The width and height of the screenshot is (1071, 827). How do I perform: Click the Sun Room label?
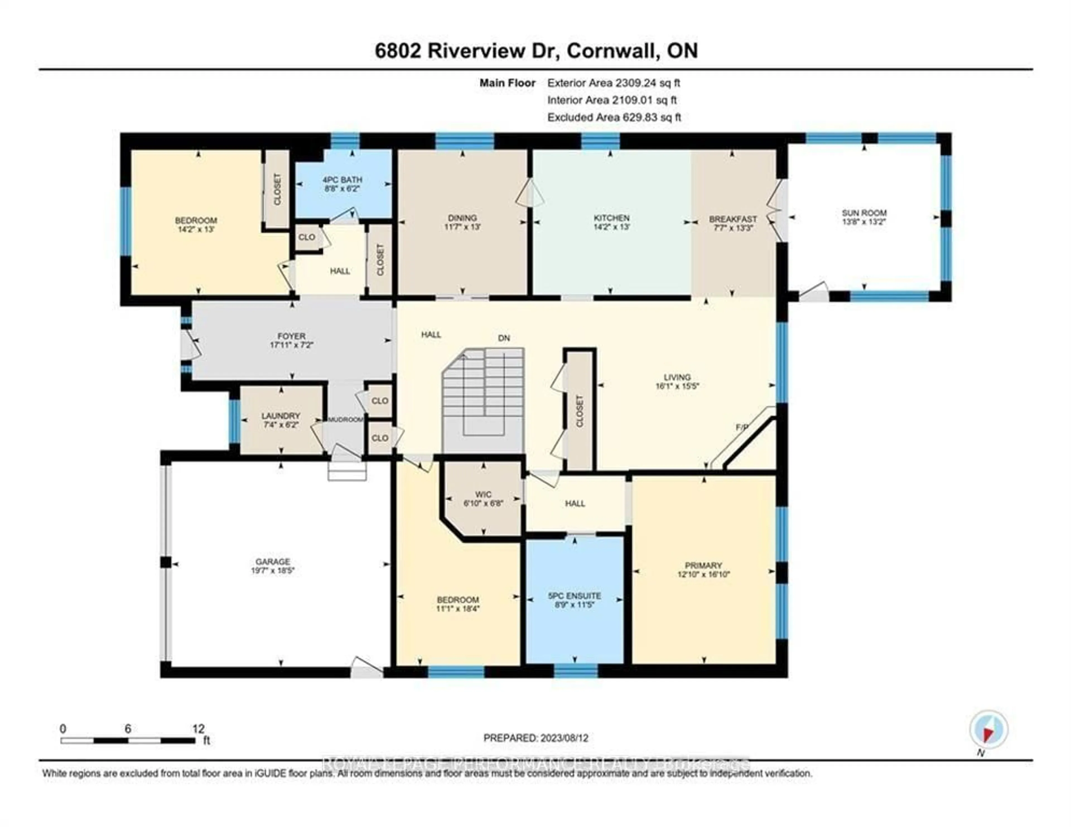[x=864, y=213]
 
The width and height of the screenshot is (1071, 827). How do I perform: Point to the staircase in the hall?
[x=483, y=400]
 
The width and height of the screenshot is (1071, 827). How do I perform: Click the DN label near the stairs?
[x=504, y=338]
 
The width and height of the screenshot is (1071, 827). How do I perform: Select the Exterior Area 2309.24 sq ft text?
[x=614, y=83]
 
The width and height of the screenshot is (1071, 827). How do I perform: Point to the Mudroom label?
[x=346, y=420]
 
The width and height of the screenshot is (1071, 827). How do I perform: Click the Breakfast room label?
[x=733, y=219]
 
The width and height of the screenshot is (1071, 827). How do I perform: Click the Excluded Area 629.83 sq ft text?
[x=614, y=117]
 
